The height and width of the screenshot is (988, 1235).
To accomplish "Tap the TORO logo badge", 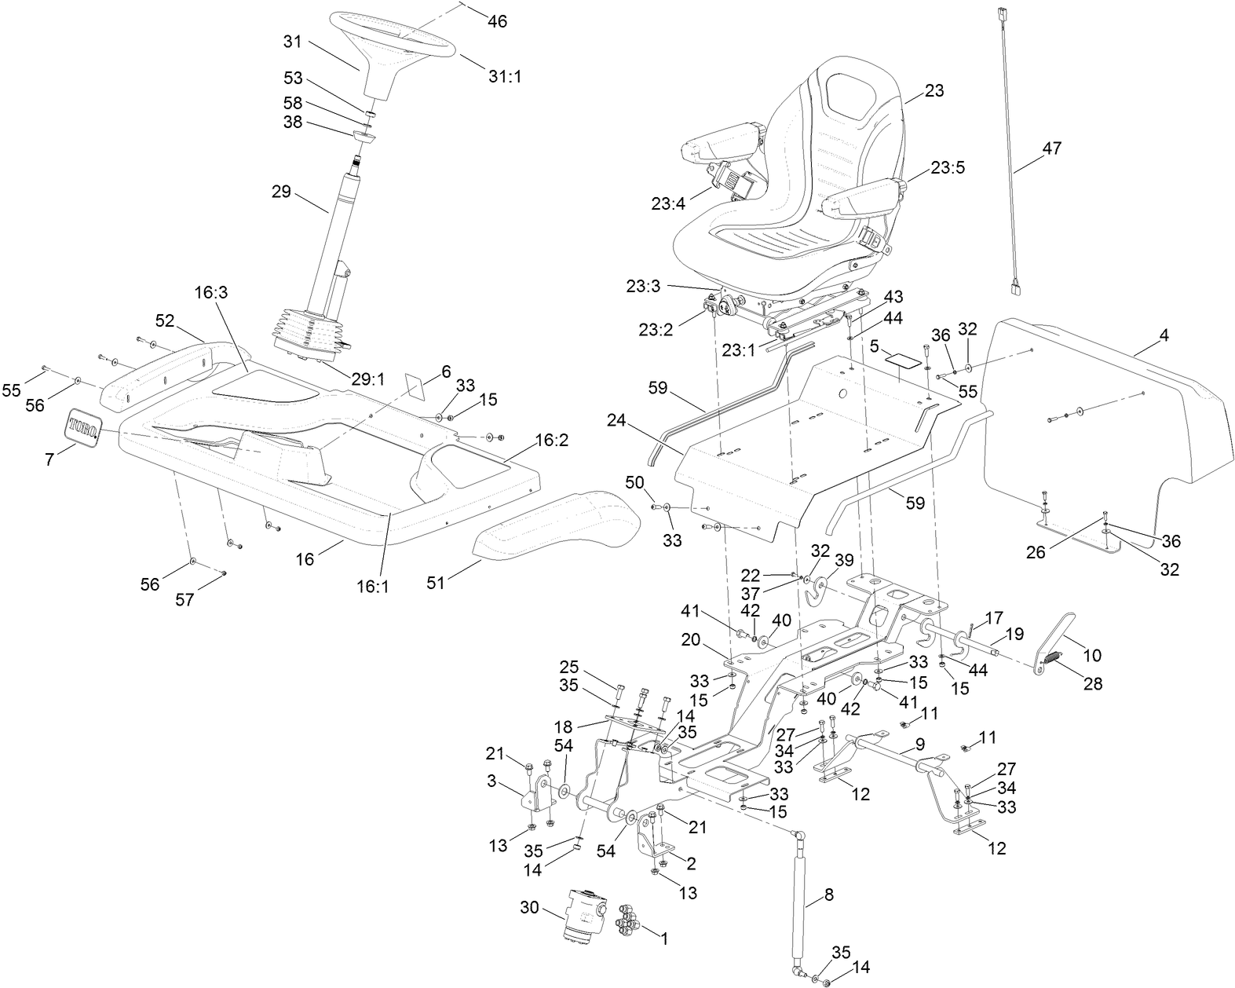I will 82,427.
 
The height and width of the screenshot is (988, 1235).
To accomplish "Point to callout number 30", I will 530,907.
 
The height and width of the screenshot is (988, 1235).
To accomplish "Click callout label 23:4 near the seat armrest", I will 668,203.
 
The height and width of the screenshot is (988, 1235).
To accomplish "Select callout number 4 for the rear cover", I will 1164,335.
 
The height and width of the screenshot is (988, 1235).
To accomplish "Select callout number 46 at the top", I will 497,21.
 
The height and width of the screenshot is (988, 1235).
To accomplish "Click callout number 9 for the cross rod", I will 919,744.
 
